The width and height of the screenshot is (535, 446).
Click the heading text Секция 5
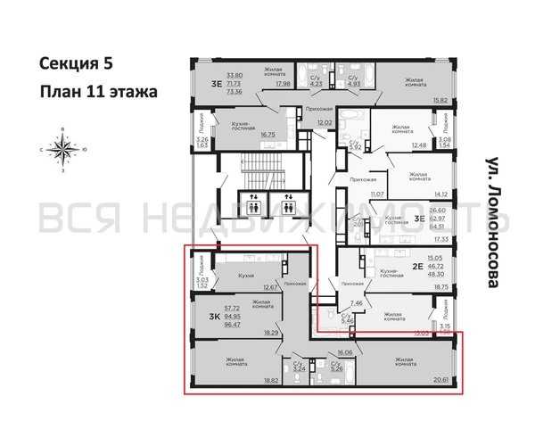click(x=77, y=64)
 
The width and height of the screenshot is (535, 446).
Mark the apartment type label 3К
click(x=215, y=317)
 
